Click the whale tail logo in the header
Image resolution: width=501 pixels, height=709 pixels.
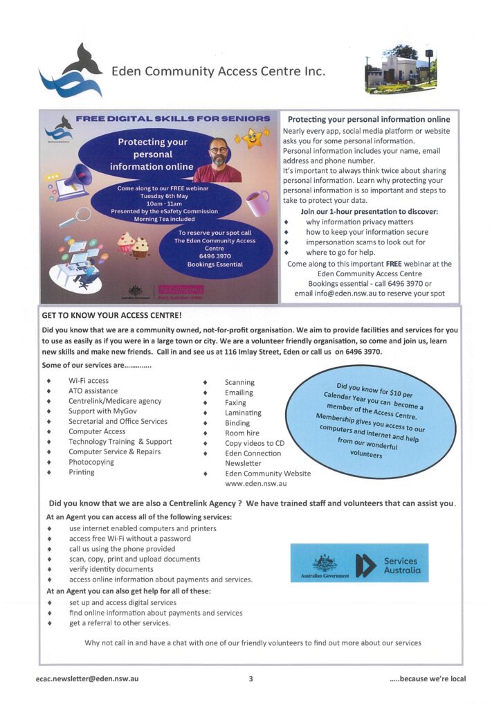coord(69,73)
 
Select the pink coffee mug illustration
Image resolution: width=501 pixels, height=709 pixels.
coord(257,203)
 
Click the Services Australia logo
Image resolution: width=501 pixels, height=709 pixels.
coord(359,563)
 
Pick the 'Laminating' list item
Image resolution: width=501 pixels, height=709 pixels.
coord(243,413)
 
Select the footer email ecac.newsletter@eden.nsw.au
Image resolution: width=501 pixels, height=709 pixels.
coord(87,679)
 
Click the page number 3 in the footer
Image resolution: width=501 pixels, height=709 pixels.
coord(250,679)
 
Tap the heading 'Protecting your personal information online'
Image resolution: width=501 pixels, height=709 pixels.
coord(369,119)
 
